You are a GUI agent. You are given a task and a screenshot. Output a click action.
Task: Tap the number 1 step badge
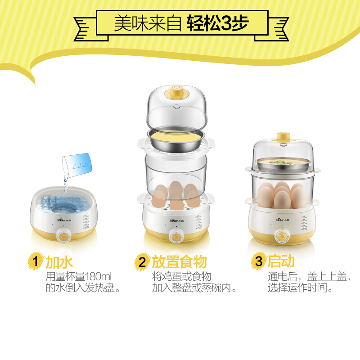coord(36,261)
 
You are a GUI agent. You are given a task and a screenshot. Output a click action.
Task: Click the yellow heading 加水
coord(59,261)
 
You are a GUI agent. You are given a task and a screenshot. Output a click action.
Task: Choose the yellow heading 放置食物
coord(179,261)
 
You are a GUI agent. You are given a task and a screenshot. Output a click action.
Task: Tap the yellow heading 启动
coord(281,261)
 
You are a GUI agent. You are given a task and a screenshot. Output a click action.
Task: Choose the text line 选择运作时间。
coord(300,288)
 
